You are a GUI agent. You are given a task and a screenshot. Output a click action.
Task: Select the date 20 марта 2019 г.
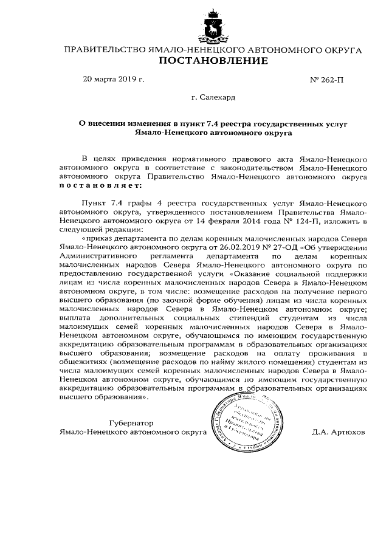click(x=114, y=79)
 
